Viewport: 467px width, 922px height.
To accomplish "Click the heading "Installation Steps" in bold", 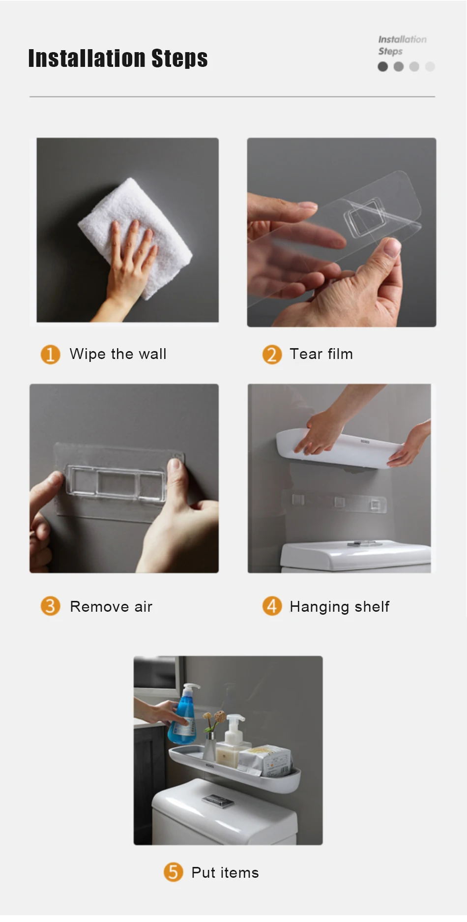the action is [118, 58].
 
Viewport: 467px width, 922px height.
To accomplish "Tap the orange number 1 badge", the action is [50, 354].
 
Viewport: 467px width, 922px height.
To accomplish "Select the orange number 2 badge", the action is [272, 354].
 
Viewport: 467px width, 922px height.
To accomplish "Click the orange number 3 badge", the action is [50, 606].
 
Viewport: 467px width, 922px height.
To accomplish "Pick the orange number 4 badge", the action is [272, 606].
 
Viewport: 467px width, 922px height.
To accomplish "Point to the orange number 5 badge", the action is [173, 872].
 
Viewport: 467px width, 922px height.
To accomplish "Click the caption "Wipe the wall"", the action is [118, 354].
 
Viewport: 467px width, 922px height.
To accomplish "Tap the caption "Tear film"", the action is [321, 354].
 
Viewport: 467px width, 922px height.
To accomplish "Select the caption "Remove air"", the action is [111, 606].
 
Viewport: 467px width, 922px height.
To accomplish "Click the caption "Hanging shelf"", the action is [339, 607].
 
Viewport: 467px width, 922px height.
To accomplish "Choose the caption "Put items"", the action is [225, 873].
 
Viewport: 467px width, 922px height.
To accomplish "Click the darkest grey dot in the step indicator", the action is [383, 66].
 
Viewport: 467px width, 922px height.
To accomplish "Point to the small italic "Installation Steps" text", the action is [402, 45].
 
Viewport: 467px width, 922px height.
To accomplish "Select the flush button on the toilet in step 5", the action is [218, 801].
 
